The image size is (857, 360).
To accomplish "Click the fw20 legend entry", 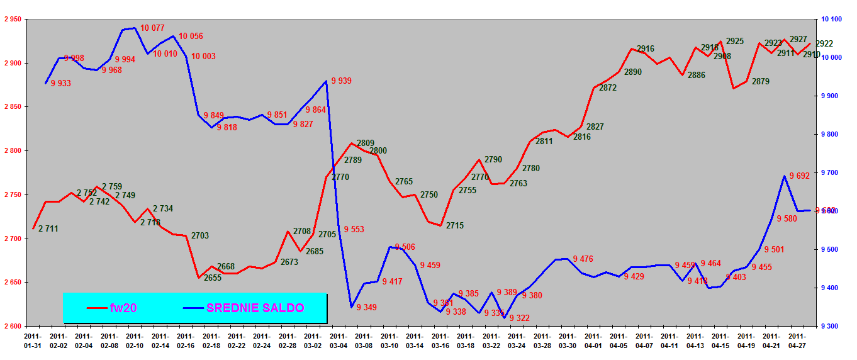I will [123, 308].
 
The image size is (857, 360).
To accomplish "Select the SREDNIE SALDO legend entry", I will [255, 308].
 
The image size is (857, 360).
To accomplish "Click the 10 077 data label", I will [152, 28].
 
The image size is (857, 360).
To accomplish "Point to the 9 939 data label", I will [341, 81].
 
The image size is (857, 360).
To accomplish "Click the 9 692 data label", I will [799, 176].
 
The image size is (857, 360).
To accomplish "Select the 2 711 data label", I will [48, 228].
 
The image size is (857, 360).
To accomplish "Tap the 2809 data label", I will [366, 143].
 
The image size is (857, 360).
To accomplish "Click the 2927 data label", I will [798, 39].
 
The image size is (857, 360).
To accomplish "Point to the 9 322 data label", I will [519, 318].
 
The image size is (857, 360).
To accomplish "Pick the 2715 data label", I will [455, 225].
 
